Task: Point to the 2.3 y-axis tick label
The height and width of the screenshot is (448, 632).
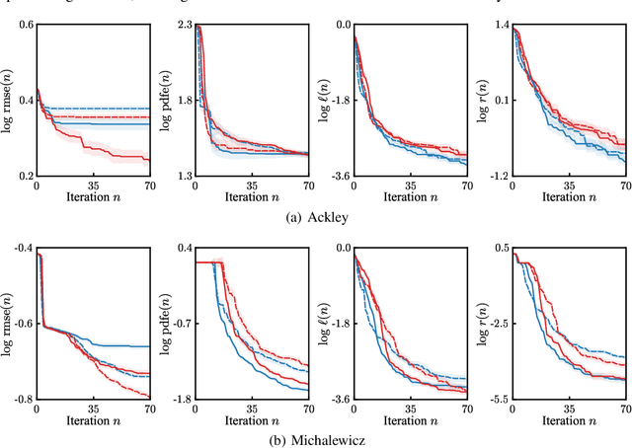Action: coord(182,25)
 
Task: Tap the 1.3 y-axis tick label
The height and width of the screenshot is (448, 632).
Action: coord(182,176)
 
